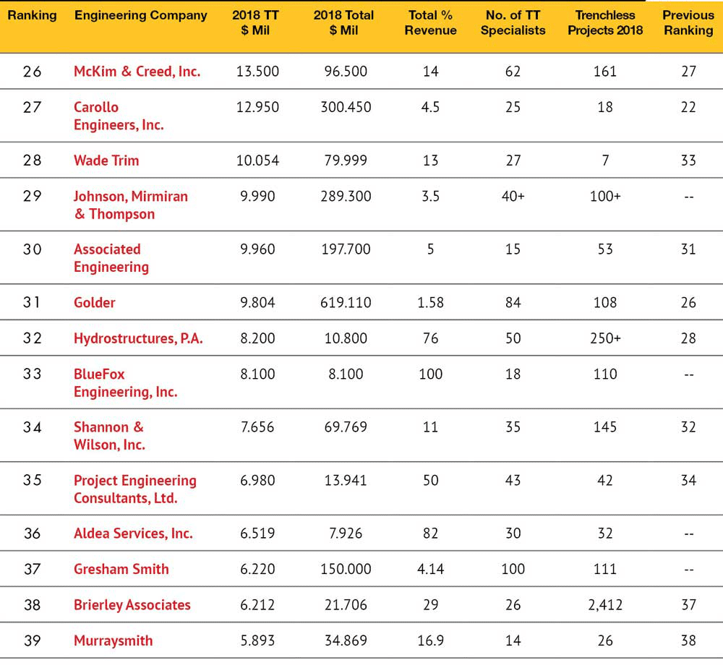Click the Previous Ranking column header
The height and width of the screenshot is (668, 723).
[x=688, y=22]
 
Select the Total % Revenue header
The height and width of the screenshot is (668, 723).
[x=430, y=22]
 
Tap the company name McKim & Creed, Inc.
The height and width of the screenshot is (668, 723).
[x=137, y=72]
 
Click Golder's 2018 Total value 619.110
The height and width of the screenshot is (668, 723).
[x=346, y=302]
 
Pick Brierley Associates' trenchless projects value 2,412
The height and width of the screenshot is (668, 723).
[x=605, y=605]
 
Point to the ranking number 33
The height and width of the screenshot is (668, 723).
[x=33, y=374]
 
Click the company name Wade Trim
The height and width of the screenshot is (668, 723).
[x=106, y=160]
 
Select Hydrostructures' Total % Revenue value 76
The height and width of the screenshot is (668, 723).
[x=430, y=338]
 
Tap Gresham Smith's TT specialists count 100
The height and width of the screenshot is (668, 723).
[x=513, y=569]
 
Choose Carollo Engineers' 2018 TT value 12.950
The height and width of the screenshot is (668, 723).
[x=257, y=108]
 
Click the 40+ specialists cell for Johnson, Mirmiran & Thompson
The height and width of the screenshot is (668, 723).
[x=513, y=197]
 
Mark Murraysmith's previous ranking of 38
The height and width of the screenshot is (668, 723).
[x=688, y=641]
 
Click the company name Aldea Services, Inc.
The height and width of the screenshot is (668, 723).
[x=133, y=534]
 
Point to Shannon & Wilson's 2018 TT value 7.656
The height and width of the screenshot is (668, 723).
[x=257, y=427]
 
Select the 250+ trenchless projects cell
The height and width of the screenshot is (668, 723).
[x=605, y=338]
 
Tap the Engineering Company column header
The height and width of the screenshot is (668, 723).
[x=141, y=15]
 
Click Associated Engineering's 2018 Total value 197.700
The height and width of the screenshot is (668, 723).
[x=346, y=249]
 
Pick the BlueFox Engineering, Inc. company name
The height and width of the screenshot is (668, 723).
[x=125, y=382]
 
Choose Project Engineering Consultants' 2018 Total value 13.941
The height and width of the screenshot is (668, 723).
[x=346, y=480]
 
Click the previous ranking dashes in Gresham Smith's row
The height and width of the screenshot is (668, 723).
[x=688, y=570]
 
